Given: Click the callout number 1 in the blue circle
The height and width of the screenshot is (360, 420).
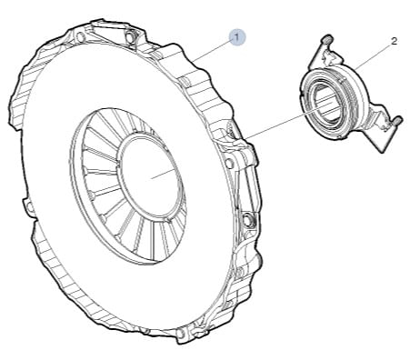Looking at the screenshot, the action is pyautogui.click(x=237, y=37).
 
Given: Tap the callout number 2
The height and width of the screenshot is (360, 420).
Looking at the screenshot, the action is pyautogui.click(x=394, y=41).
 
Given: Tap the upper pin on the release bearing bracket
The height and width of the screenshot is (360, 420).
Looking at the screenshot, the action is pyautogui.click(x=328, y=39).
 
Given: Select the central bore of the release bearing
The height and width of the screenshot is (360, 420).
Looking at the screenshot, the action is pyautogui.click(x=325, y=104).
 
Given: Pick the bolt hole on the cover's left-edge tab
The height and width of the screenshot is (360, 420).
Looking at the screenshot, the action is pyautogui.click(x=30, y=207).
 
